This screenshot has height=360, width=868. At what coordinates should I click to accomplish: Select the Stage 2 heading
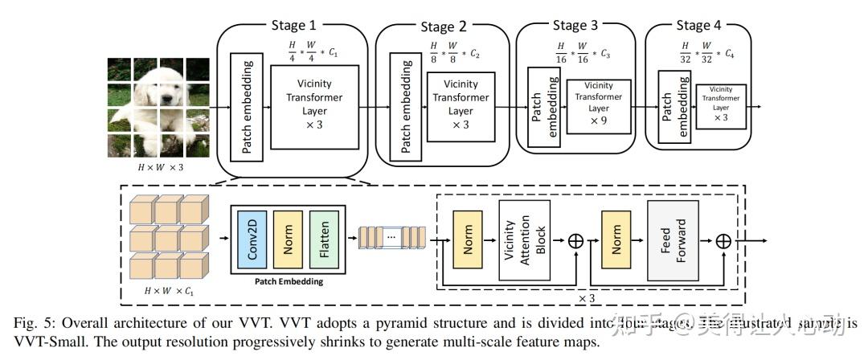443,27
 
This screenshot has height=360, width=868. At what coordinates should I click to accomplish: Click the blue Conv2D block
252,239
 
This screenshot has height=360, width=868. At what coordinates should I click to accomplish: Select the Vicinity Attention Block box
528,239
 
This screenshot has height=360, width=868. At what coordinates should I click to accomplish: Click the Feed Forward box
674,239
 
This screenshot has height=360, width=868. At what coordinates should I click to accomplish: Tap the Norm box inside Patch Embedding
288,239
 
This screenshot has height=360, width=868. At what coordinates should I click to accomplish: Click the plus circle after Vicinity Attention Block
576,239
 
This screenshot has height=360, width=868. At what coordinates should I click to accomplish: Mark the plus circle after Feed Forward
723,239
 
